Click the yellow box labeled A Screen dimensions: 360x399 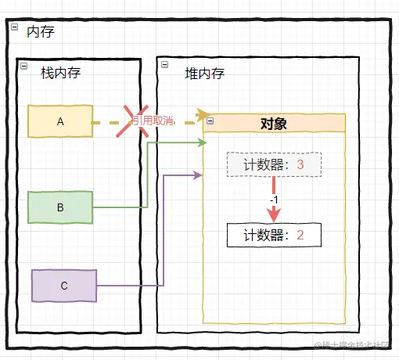point(60,121)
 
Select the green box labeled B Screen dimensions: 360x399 point(60,207)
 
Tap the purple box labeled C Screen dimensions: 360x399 point(64,286)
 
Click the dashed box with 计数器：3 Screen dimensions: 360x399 point(274,164)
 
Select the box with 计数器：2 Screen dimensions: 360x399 point(274,235)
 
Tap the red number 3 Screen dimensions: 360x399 point(300,164)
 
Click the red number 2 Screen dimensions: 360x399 point(300,235)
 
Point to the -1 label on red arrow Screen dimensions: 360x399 point(273,200)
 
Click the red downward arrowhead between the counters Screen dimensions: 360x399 point(274,214)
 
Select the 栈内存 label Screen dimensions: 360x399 point(61,73)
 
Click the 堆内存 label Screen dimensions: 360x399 point(204,74)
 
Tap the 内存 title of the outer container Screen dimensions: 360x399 point(40,32)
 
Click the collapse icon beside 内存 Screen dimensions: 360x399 point(13,27)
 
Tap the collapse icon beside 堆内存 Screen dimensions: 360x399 point(164,65)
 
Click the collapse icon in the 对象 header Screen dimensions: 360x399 point(209,121)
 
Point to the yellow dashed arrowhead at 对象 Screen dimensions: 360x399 point(203,114)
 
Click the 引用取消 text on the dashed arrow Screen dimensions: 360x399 point(152,121)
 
